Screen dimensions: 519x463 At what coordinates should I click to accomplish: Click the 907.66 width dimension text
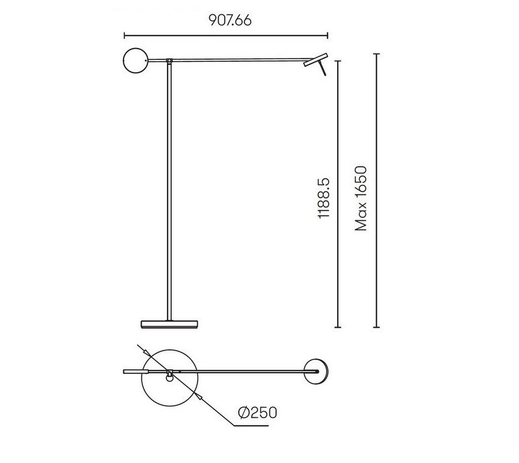point(230,21)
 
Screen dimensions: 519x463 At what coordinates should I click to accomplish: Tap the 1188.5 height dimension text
point(323,198)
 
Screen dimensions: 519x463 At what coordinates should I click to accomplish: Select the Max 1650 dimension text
point(361,198)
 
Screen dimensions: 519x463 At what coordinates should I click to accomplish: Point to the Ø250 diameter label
point(257,413)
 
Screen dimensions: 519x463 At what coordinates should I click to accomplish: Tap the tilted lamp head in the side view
point(316,60)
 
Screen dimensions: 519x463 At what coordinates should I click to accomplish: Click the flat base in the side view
point(170,324)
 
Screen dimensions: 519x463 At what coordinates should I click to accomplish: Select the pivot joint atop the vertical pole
point(170,61)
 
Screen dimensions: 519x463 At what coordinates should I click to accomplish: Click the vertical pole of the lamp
point(170,192)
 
